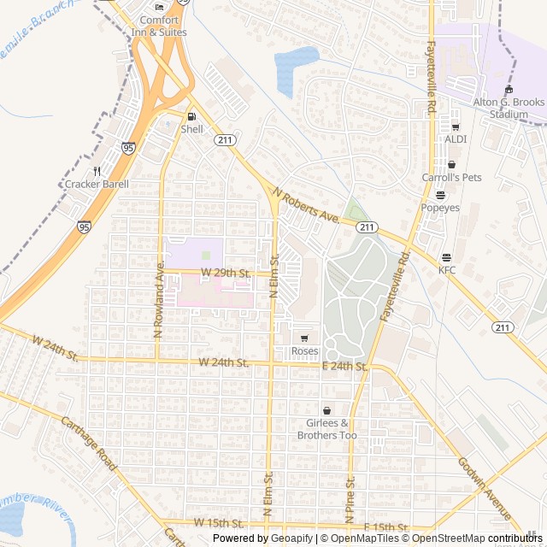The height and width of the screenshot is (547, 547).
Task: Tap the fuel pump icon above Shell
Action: coord(191,116)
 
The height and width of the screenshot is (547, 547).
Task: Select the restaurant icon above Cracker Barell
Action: coord(97,171)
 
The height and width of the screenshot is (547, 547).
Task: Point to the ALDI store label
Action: coord(455,138)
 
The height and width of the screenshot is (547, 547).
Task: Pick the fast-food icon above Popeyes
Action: coord(440,195)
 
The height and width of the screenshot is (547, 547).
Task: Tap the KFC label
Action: coord(447,270)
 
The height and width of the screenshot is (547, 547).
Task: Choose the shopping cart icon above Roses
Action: coord(304,338)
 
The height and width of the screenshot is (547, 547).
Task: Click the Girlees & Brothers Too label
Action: coord(326,429)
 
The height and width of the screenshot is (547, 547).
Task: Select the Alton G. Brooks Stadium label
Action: coord(509,108)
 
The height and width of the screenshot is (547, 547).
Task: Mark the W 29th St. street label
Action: coord(225,273)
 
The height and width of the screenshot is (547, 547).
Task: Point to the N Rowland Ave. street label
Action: coord(159,300)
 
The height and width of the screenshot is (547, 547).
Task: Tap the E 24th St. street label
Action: coord(344,366)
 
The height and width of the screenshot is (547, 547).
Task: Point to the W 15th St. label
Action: coord(219,522)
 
